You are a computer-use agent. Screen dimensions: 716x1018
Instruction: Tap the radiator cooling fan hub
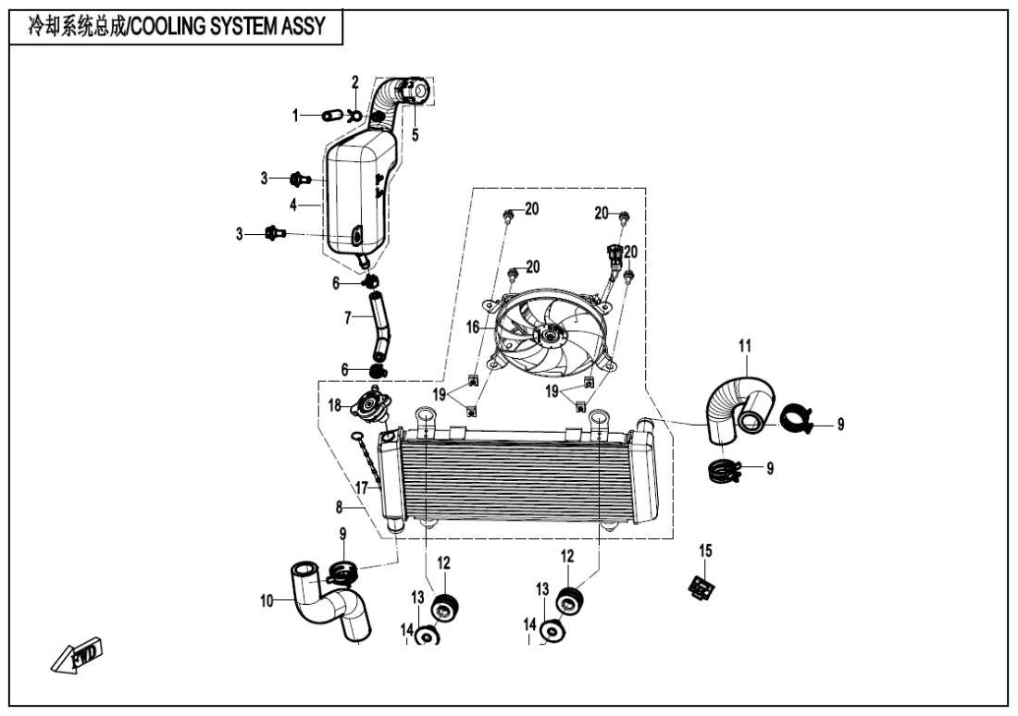550,337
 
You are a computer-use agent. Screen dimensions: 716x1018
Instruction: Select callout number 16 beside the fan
473,327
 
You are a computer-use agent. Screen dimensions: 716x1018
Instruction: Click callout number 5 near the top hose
416,135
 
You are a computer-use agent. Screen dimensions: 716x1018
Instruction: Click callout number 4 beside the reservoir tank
292,204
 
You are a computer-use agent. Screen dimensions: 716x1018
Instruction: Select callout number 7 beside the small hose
348,318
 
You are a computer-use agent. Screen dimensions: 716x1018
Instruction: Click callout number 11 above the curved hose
745,346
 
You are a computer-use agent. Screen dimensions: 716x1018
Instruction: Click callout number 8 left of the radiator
340,507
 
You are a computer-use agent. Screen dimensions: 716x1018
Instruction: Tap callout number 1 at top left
296,116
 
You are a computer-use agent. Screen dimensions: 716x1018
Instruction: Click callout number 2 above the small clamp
354,82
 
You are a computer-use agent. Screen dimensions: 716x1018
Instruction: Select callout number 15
706,550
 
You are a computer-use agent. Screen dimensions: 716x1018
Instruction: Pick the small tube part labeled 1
329,117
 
